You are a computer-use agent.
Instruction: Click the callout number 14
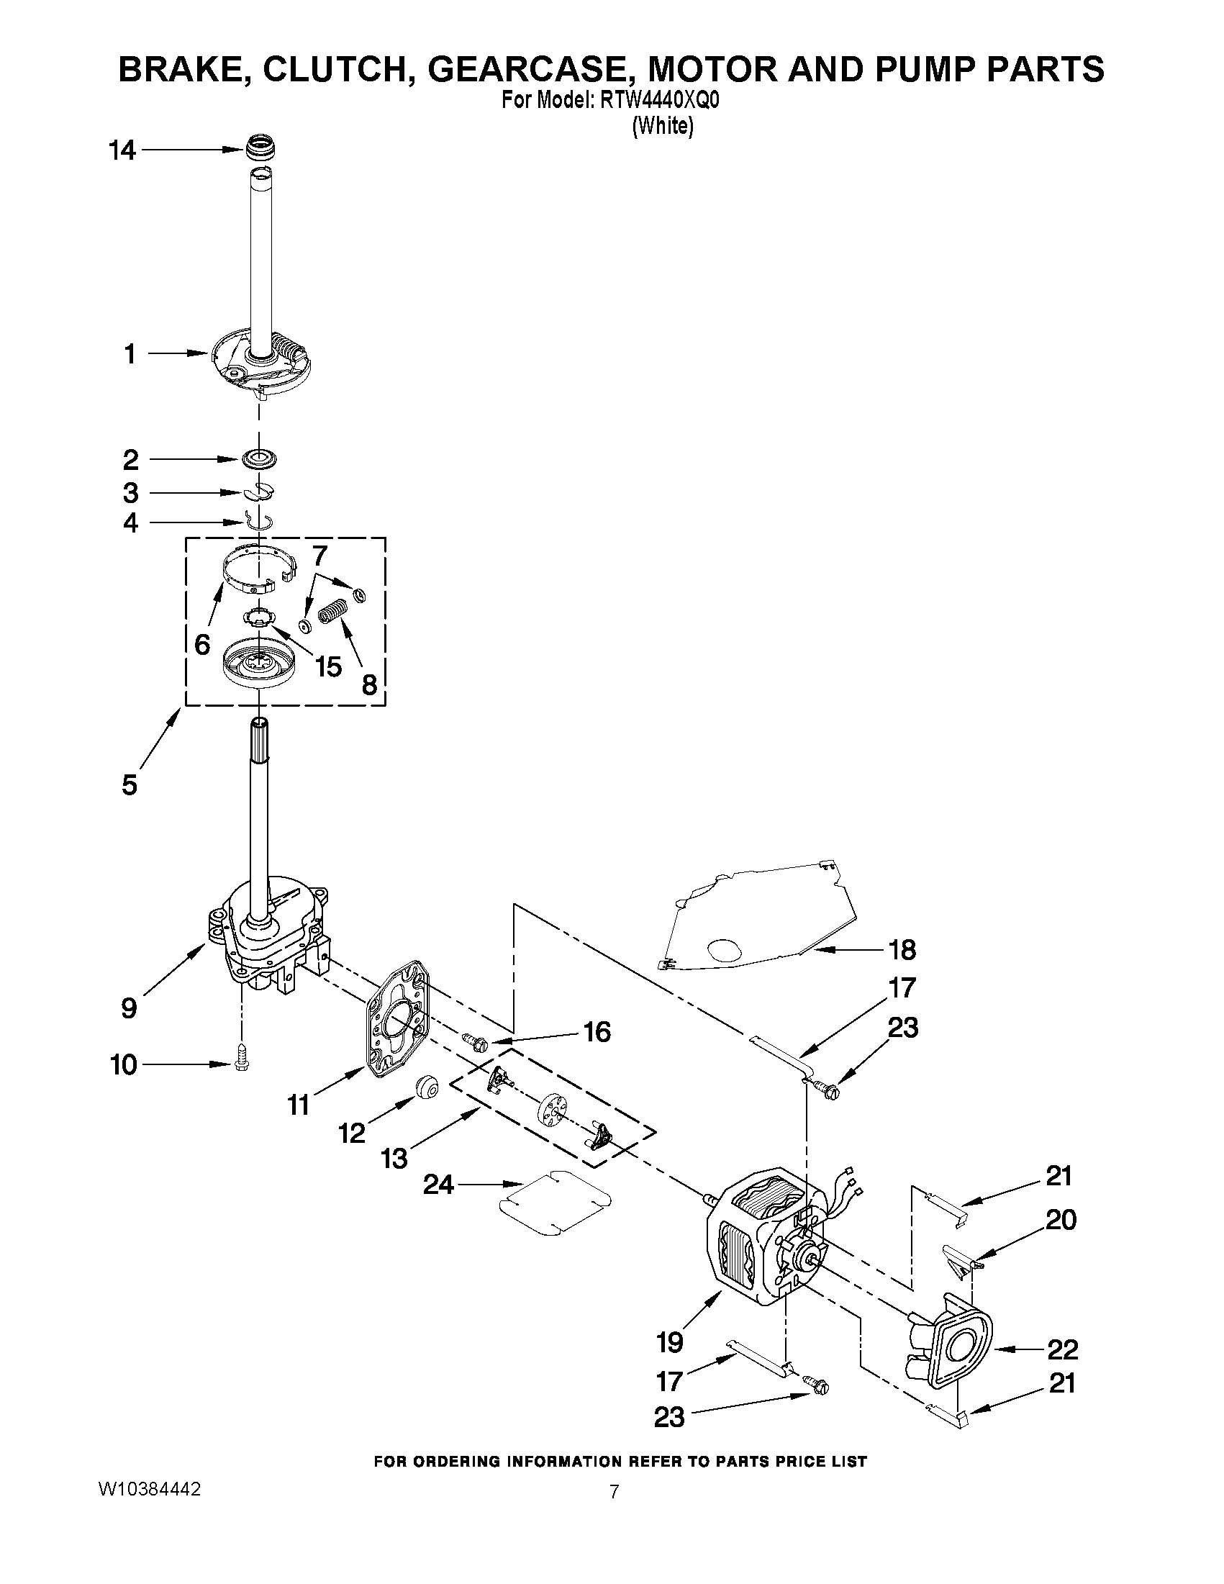pyautogui.click(x=122, y=151)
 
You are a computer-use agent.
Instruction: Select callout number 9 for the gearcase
pyautogui.click(x=129, y=1008)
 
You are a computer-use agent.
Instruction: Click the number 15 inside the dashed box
pyautogui.click(x=328, y=666)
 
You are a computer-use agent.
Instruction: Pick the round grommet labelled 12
pyautogui.click(x=427, y=1087)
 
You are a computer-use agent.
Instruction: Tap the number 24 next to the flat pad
pyautogui.click(x=439, y=1185)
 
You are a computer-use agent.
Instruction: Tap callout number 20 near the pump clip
pyautogui.click(x=1061, y=1219)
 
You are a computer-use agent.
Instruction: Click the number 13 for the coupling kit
pyautogui.click(x=394, y=1158)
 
